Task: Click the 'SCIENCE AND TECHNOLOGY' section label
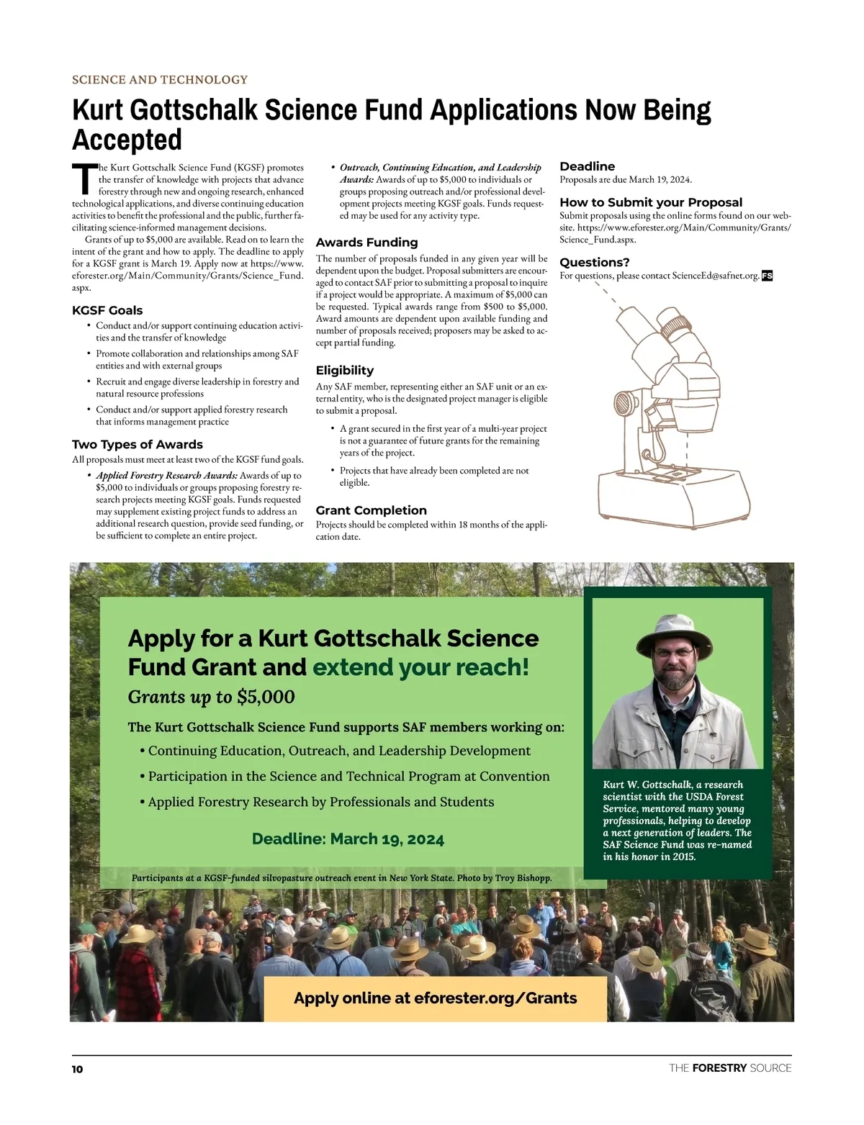tap(160, 80)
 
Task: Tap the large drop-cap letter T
tap(84, 179)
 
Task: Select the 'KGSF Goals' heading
tap(107, 310)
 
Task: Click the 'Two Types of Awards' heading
tap(138, 444)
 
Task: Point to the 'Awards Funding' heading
tap(366, 243)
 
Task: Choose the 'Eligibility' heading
tap(345, 370)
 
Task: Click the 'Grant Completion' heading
tap(372, 510)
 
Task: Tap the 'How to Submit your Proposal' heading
tap(651, 202)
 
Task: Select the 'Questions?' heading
tap(595, 262)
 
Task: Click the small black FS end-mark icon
tap(767, 276)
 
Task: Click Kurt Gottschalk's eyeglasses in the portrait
tap(673, 654)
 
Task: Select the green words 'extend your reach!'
tap(420, 667)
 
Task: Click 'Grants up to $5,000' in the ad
tap(212, 697)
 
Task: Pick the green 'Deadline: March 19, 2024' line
tap(348, 839)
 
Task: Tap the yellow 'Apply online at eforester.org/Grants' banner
tap(436, 998)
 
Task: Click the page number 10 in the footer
tap(77, 1069)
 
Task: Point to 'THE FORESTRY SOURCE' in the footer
tap(730, 1068)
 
